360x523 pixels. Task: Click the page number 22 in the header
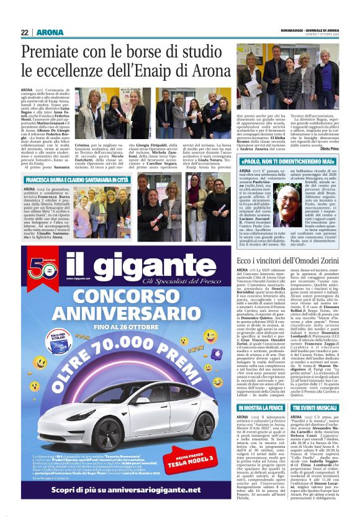point(25,32)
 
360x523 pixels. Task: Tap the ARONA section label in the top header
point(47,32)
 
